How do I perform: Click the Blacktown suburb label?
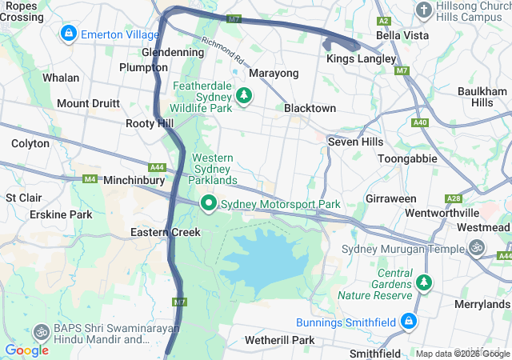coord(310,108)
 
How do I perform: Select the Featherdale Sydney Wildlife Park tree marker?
coord(244,97)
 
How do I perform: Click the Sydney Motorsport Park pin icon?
coord(209,204)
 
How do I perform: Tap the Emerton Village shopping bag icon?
coord(69,34)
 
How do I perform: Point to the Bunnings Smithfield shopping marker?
coord(408,322)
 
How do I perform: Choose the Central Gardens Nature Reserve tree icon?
coord(423,282)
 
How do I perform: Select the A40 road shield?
coord(421,122)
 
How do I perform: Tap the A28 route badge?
coord(454,198)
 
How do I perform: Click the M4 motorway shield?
coord(89,178)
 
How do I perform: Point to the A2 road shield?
coord(384,21)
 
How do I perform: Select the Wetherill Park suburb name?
coord(280,340)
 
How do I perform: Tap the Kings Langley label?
coord(361,59)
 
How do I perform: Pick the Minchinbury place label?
coord(134,181)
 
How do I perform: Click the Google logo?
coord(26,350)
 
